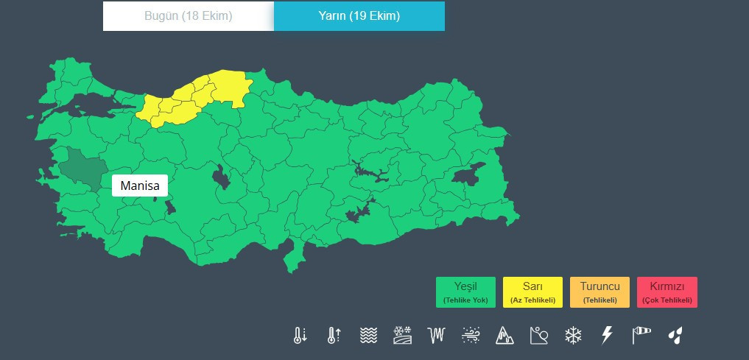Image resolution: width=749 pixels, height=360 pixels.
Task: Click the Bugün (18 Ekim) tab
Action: point(188,16)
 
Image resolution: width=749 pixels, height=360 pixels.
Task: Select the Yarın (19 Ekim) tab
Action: point(359,16)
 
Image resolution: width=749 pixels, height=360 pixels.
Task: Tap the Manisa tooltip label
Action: point(140,186)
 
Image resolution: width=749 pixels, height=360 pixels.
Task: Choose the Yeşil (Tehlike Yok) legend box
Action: point(465,292)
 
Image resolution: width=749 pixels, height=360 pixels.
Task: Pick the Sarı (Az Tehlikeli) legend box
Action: point(532,292)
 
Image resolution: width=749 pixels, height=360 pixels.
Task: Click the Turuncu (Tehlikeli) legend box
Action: point(599,292)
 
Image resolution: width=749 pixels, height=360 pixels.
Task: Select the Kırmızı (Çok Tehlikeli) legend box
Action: point(667,292)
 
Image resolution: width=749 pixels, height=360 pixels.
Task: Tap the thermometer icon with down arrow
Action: point(300,336)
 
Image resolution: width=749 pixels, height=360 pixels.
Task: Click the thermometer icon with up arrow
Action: point(334,336)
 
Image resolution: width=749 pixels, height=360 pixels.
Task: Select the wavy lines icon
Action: point(368,336)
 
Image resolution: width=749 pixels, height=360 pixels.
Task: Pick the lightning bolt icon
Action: point(607,336)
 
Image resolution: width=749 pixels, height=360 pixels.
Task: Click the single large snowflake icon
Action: point(573,336)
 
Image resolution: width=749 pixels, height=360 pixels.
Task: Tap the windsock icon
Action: point(641,336)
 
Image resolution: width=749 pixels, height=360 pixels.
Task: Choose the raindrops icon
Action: point(675,336)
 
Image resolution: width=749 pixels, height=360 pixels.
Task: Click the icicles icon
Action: point(437,336)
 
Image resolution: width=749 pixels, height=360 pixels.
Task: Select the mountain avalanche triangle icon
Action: point(504,336)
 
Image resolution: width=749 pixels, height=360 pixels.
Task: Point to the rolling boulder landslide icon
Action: point(539,336)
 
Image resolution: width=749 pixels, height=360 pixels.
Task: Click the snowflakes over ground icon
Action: point(402,336)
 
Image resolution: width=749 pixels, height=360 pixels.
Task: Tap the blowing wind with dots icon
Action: point(471,336)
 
